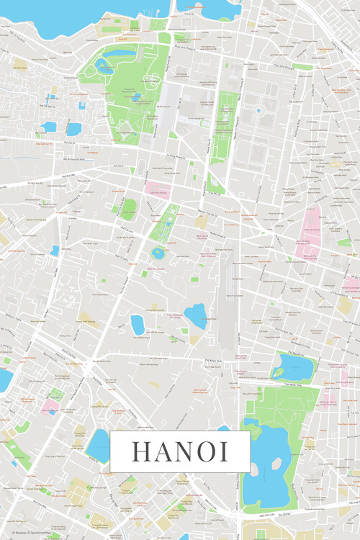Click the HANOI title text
(180, 451)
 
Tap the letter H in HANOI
(139, 451)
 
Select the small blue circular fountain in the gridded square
(258, 111)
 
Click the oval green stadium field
(129, 210)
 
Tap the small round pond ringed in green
(158, 253)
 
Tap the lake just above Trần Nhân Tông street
(292, 367)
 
